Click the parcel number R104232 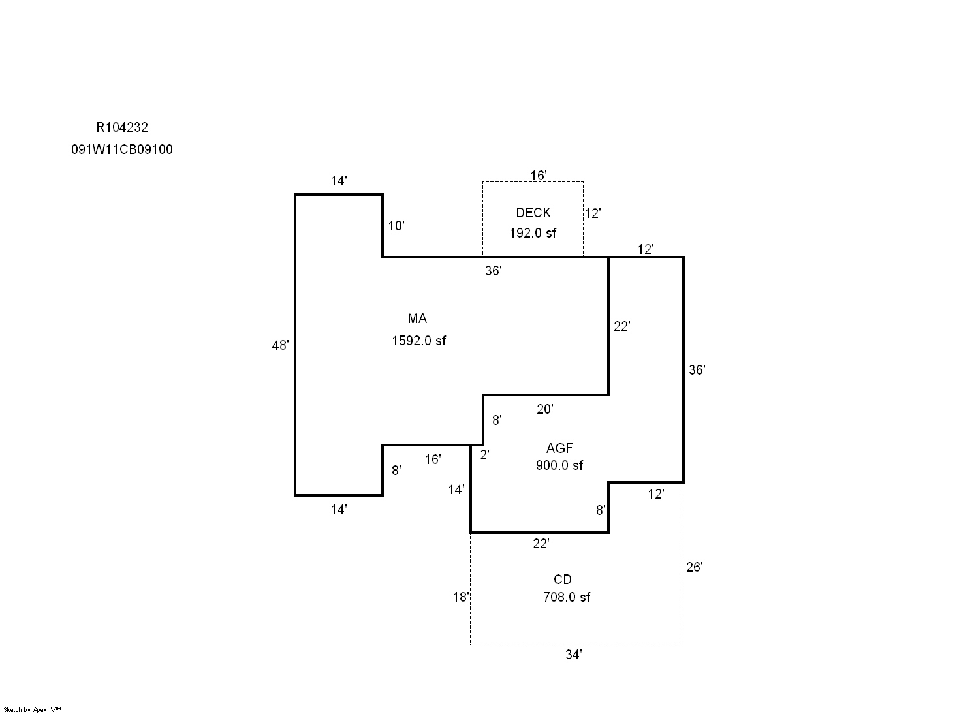point(122,128)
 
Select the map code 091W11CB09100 point(122,149)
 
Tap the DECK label point(533,213)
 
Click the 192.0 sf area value point(533,233)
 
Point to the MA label point(417,318)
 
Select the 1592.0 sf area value point(418,341)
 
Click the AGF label point(559,448)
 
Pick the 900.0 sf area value point(559,465)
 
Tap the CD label point(563,580)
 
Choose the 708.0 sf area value point(566,597)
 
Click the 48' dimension point(280,346)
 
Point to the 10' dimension point(396,226)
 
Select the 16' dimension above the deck point(539,176)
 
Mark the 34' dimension point(573,655)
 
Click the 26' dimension point(694,567)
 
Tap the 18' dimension point(461,597)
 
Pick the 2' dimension point(484,456)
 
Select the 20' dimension point(544,409)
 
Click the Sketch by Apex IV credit point(32,709)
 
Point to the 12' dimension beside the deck point(592,213)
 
